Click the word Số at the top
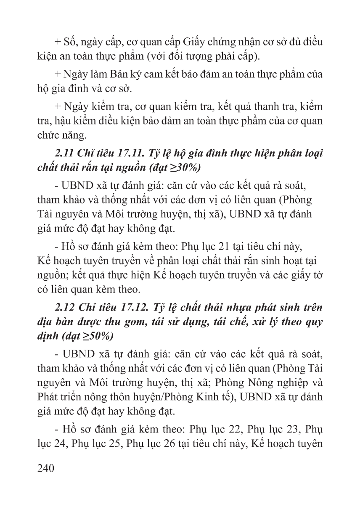click(x=71, y=42)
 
